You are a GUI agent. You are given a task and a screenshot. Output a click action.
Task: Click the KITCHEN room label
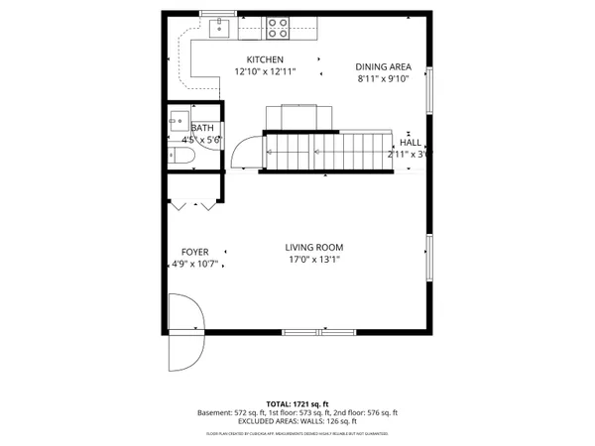coord(265,59)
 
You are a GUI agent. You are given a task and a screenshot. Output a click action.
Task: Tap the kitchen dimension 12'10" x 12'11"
coord(265,71)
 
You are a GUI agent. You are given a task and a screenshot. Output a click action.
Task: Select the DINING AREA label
coord(383,66)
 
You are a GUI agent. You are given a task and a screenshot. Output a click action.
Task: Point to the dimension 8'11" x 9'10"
coord(383,78)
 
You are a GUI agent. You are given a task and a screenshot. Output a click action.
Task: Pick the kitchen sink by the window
coord(220,28)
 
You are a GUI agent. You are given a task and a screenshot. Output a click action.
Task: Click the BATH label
coord(202,129)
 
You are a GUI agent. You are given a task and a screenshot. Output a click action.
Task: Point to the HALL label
coord(411,143)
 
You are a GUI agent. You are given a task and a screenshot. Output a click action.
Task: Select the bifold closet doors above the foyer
coord(193,205)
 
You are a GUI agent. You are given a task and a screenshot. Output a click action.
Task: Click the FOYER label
coord(194,252)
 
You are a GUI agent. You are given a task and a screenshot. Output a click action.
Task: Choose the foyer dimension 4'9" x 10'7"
coord(194,264)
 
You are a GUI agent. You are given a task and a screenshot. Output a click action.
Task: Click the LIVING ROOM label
coord(313,247)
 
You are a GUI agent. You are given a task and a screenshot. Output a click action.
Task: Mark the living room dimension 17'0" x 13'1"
coord(313,260)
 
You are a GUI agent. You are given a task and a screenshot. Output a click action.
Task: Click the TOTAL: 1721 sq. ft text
coord(297,404)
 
